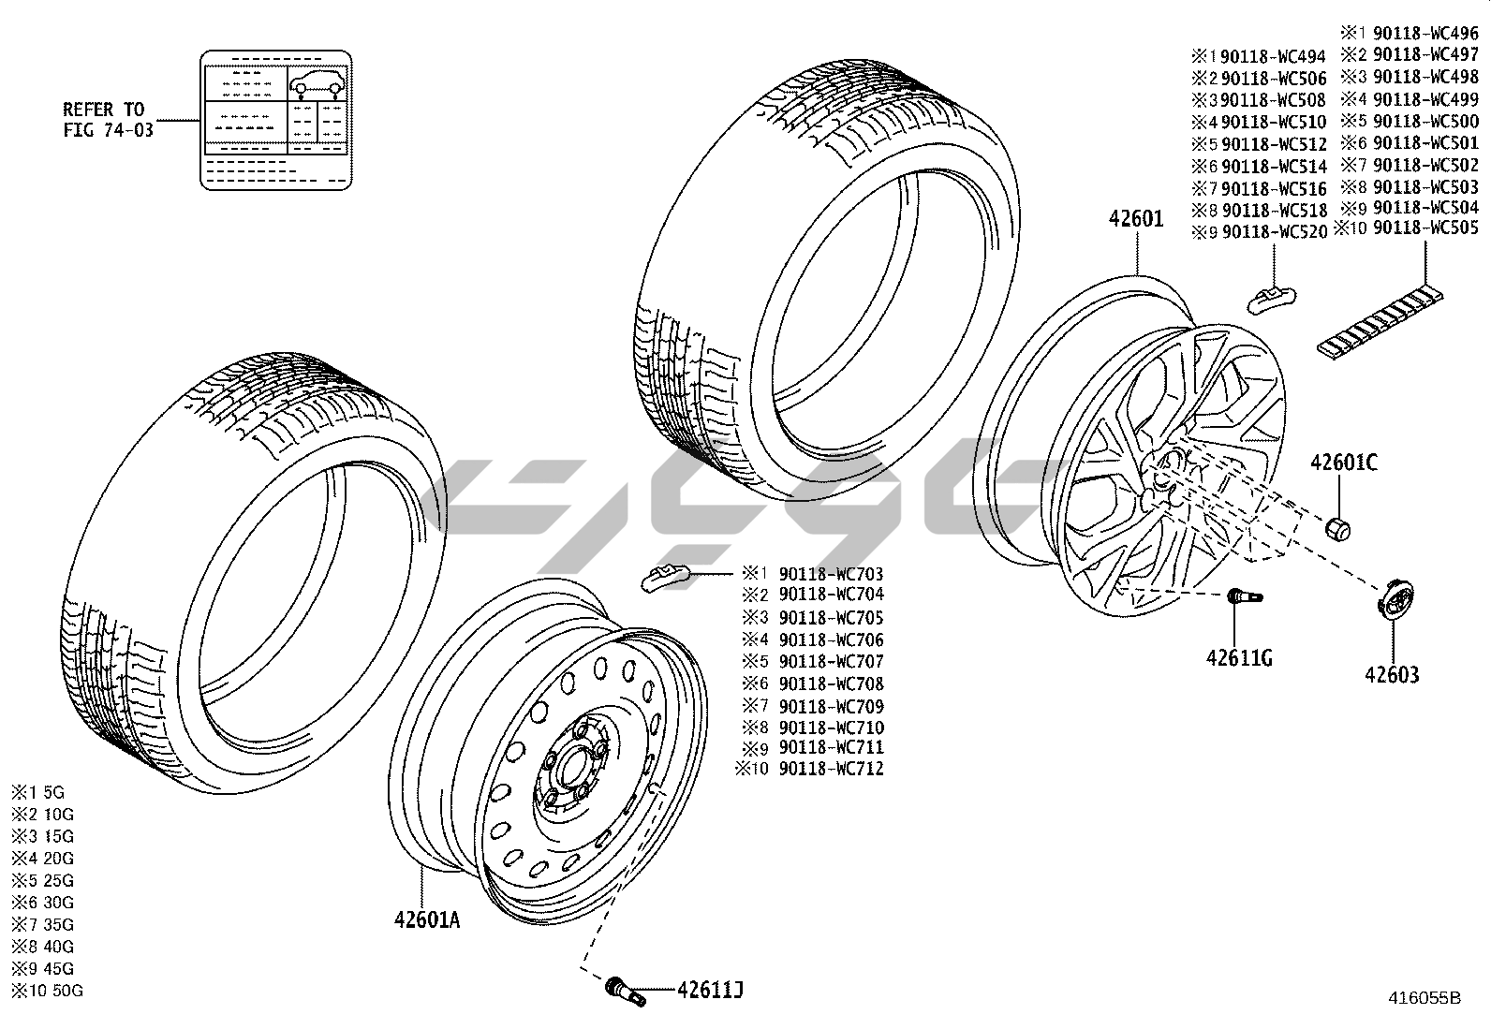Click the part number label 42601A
[427, 919]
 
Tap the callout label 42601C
[1343, 462]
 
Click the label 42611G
[1239, 657]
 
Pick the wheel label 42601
[1136, 219]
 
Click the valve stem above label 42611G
[1244, 596]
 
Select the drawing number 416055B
[1424, 998]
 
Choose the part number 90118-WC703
[831, 573]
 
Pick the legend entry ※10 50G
[47, 991]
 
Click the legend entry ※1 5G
[38, 792]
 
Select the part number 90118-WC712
[831, 769]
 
